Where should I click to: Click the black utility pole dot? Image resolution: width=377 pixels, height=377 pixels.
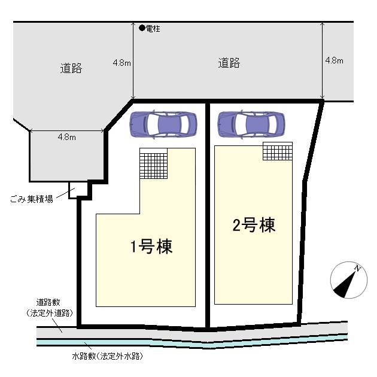coord(142,28)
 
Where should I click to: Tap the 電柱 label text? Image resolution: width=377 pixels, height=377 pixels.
coord(153,29)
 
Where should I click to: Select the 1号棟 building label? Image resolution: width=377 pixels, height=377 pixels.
coord(151,246)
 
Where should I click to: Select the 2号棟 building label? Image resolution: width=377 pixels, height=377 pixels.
coord(254,225)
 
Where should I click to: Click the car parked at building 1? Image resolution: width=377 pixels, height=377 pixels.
coord(163,124)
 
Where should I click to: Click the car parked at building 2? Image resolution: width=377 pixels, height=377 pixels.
coord(251,124)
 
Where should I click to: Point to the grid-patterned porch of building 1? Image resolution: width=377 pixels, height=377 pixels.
coord(154,163)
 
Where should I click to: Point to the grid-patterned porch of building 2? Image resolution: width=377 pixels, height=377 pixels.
coord(278,151)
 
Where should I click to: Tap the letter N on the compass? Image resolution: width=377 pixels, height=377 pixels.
coord(357,268)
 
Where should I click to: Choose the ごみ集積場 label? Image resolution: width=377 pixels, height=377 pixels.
coord(32,199)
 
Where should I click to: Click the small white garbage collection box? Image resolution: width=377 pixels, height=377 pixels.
coord(77,190)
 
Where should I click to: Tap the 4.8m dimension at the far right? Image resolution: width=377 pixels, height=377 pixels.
coord(334,60)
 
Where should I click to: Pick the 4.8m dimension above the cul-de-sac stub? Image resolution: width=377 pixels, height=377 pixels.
coord(66,137)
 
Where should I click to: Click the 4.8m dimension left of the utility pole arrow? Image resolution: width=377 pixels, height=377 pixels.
coord(122,63)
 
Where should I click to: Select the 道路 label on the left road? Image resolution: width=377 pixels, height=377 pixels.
coord(71,68)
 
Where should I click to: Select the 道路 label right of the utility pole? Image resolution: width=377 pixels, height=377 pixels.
coord(229,63)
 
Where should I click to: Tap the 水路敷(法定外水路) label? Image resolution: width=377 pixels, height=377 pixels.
coord(107,356)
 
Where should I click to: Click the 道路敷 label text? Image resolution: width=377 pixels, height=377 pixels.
coord(48,302)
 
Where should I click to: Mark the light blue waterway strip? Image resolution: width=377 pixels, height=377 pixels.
coord(192,343)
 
